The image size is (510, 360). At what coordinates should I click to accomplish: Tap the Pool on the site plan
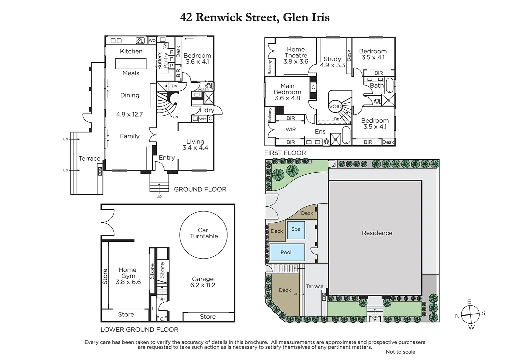coord(287,252)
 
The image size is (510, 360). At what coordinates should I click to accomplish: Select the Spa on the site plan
coord(296,229)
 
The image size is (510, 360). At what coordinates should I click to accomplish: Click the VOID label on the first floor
coord(335,107)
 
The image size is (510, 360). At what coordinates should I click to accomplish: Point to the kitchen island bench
coord(131,63)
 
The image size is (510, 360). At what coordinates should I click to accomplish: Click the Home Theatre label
coord(296,52)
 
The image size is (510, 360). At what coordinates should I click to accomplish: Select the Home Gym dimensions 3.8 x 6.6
coord(128,282)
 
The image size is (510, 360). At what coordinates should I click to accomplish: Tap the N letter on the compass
coord(457,316)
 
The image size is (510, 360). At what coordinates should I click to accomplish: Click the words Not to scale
coord(400,352)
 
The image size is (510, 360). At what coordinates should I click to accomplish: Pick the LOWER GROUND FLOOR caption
coord(139,330)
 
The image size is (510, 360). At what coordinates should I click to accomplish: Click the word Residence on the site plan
coord(377,233)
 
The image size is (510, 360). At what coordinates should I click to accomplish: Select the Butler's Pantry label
coord(162,60)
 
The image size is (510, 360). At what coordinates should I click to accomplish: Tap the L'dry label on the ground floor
coord(207,110)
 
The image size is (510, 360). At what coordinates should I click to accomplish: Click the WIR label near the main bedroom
coord(291,130)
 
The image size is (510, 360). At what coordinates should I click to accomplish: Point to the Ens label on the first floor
coord(320,132)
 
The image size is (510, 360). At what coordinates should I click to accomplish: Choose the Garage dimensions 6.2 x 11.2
coord(203,285)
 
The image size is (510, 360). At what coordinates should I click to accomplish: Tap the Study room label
coord(332,59)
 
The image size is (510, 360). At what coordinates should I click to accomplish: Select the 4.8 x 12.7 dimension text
coord(129,114)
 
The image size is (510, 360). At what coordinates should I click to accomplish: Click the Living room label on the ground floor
coord(195,142)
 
